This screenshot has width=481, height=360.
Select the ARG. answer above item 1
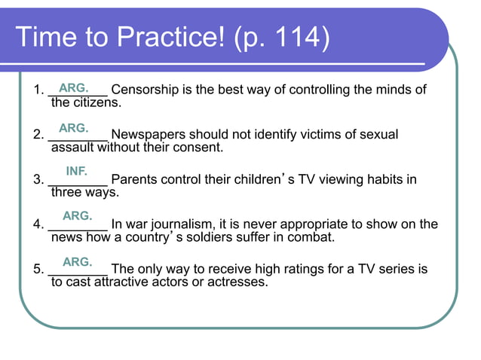(74, 88)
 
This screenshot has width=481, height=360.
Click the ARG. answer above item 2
(74, 128)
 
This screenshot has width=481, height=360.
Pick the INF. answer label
(77, 171)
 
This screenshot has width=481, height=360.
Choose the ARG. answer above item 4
(77, 216)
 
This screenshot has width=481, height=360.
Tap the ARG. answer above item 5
(77, 262)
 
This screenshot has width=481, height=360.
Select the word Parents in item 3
(134, 180)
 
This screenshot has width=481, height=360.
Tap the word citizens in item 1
(96, 102)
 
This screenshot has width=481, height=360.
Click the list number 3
(38, 180)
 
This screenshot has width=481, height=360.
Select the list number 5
(38, 269)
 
